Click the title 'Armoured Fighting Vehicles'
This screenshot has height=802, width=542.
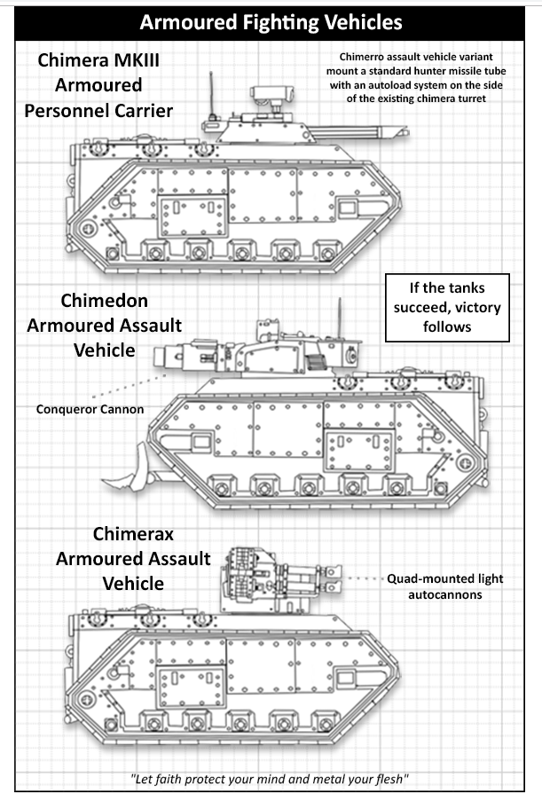tap(271, 23)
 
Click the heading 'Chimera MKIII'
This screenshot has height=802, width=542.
tap(98, 60)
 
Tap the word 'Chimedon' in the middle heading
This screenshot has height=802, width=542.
tap(105, 301)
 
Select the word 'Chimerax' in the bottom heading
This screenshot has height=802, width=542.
tap(133, 534)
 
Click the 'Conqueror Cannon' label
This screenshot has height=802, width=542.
tap(90, 409)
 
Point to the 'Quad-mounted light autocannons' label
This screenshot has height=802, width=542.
tap(444, 586)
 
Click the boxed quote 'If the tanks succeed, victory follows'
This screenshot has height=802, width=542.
tap(447, 307)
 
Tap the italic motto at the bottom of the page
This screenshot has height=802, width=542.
tap(270, 779)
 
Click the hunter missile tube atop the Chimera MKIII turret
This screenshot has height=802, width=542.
tap(272, 94)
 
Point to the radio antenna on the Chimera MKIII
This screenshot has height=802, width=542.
tap(210, 98)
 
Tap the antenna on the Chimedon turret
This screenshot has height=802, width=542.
tap(340, 318)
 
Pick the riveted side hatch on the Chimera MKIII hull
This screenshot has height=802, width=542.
tap(192, 216)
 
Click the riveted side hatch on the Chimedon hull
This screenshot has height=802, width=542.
tap(360, 451)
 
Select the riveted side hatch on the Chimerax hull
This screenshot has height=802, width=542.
tap(192, 687)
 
